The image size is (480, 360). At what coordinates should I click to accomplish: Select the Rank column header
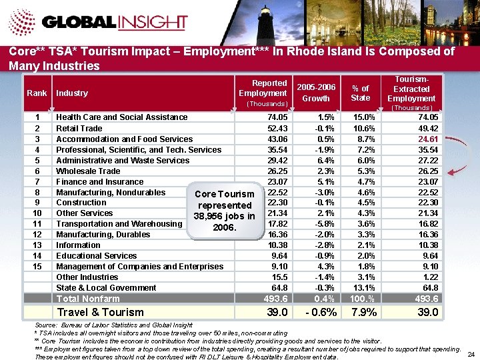pos(37,93)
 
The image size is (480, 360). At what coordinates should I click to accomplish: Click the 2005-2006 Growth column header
pos(315,93)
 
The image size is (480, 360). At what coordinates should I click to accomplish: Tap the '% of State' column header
pos(361,93)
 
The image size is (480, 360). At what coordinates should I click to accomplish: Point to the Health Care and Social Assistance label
pos(122,117)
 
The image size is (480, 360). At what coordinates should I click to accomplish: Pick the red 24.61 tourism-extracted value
pos(425,139)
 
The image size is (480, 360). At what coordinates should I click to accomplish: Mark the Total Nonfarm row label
pos(88,299)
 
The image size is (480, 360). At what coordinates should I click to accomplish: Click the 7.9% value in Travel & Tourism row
pos(363,312)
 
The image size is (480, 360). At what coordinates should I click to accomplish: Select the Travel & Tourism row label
pos(100,312)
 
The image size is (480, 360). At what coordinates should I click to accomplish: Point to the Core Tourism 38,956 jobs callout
pos(224,211)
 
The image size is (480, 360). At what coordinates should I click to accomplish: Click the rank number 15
pos(37,267)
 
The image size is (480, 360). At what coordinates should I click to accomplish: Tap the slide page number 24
pos(471,353)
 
